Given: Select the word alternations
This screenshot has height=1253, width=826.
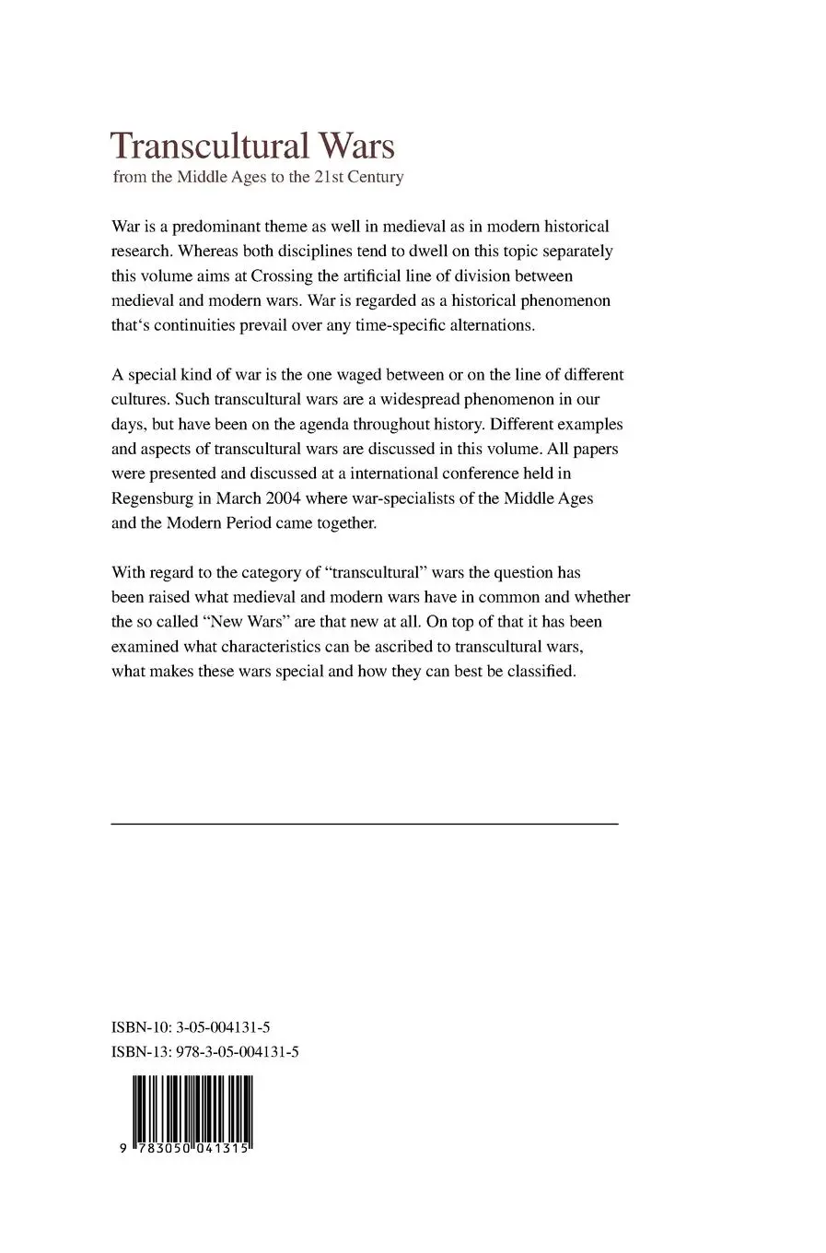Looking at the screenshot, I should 488,325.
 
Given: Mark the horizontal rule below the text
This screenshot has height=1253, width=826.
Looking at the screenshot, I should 364,824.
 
